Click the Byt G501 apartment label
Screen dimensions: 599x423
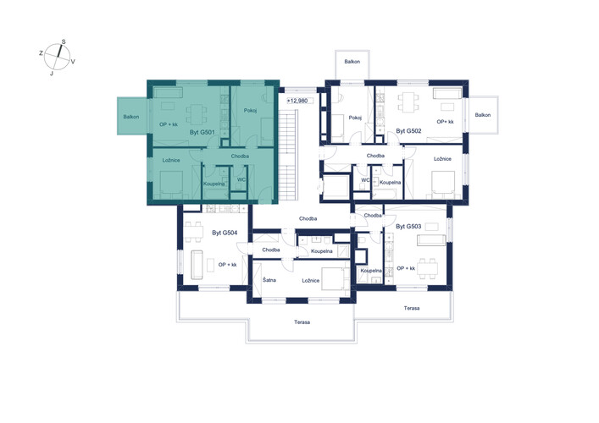pyautogui.click(x=202, y=132)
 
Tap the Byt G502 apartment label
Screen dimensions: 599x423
pyautogui.click(x=408, y=131)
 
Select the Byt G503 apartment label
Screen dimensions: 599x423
pyautogui.click(x=408, y=226)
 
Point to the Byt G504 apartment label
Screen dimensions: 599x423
pyautogui.click(x=225, y=233)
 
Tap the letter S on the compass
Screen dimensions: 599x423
pyautogui.click(x=64, y=42)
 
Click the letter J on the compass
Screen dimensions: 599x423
pyautogui.click(x=52, y=74)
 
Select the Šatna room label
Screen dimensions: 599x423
pyautogui.click(x=269, y=280)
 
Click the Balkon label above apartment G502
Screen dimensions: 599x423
pyautogui.click(x=352, y=62)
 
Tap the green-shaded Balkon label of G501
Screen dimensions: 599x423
pyautogui.click(x=131, y=117)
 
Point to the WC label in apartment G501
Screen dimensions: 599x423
pyautogui.click(x=241, y=179)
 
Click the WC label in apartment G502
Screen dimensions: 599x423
pyautogui.click(x=365, y=180)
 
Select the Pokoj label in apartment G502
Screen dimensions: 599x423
pyautogui.click(x=355, y=118)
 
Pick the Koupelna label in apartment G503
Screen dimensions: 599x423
pyautogui.click(x=371, y=271)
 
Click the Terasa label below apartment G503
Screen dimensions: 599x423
pyautogui.click(x=412, y=308)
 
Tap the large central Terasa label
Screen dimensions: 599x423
pyautogui.click(x=302, y=322)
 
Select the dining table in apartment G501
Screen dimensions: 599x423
pyautogui.click(x=197, y=114)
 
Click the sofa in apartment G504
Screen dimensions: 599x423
pyautogui.click(x=197, y=264)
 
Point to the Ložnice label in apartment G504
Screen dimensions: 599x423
pyautogui.click(x=311, y=280)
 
